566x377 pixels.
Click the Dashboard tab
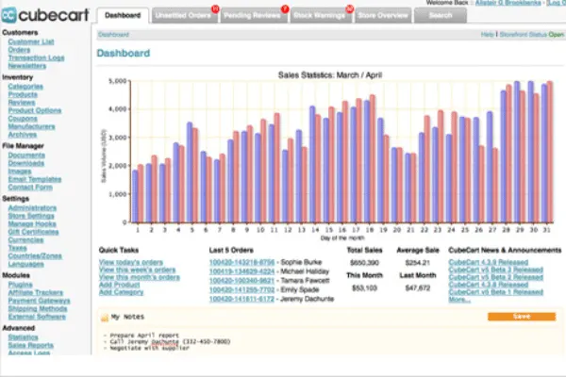124,16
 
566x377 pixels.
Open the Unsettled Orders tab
182,16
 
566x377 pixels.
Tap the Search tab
441,16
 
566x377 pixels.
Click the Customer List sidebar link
29,43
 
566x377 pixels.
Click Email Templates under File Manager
34,179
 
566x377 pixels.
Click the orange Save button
522,317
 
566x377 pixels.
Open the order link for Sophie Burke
241,262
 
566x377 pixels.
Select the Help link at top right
488,33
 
